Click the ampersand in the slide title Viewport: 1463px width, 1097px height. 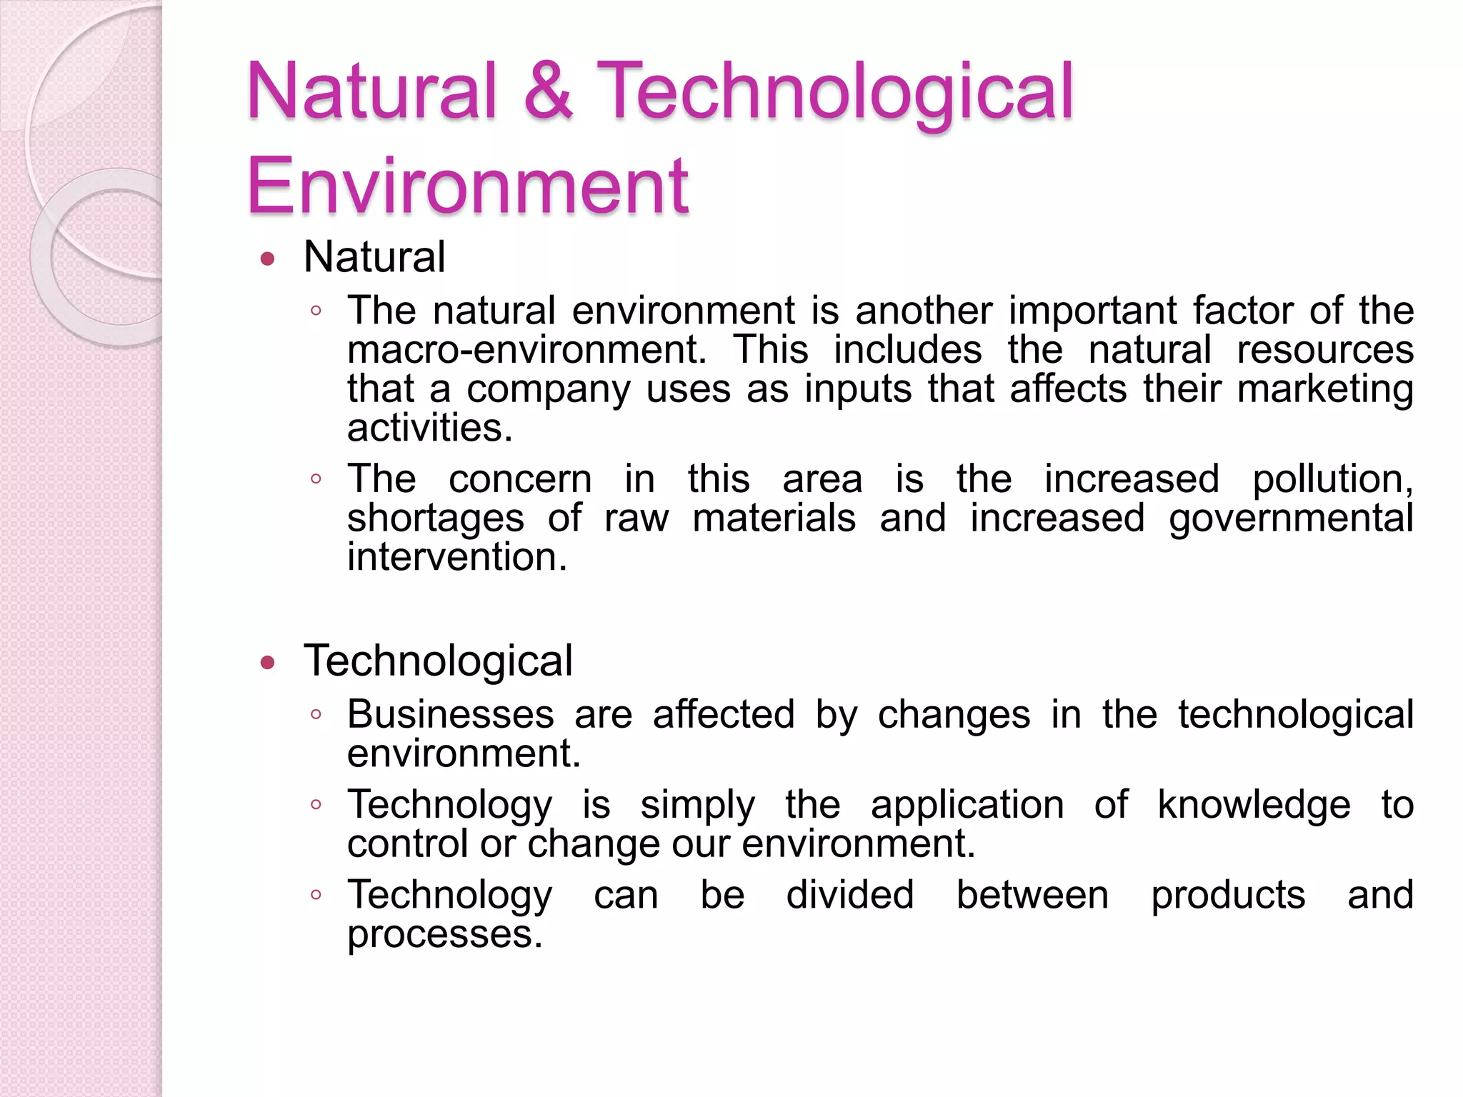pyautogui.click(x=548, y=91)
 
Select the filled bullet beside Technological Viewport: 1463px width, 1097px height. pyautogui.click(x=268, y=663)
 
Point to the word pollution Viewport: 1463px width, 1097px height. pyautogui.click(x=1332, y=480)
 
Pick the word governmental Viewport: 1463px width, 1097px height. pyautogui.click(x=1291, y=519)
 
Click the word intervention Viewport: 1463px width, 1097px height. pyautogui.click(x=457, y=557)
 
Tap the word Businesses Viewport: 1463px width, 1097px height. pyautogui.click(x=451, y=714)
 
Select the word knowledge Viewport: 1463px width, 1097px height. pyautogui.click(x=1254, y=806)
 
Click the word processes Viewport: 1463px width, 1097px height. pyautogui.click(x=444, y=934)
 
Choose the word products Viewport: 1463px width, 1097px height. pyautogui.click(x=1228, y=896)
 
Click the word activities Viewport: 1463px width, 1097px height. pyautogui.click(x=430, y=429)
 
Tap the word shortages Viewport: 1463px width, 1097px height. pyautogui.click(x=436, y=519)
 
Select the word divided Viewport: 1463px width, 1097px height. pyautogui.click(x=849, y=895)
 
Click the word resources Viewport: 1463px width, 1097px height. pyautogui.click(x=1325, y=350)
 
